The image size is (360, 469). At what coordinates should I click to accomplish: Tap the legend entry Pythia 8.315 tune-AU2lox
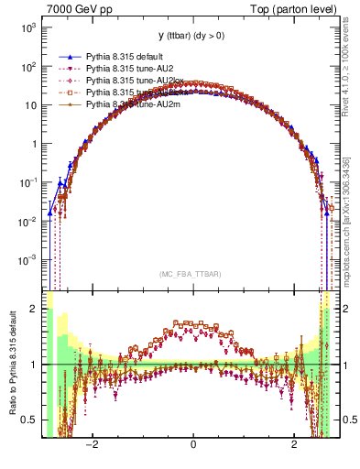tap(127, 81)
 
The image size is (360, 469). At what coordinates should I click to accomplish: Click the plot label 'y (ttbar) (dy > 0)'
tap(192, 36)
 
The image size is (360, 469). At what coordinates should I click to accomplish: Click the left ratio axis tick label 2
tap(35, 309)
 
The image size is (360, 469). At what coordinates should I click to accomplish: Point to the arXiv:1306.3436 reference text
tap(352, 191)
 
